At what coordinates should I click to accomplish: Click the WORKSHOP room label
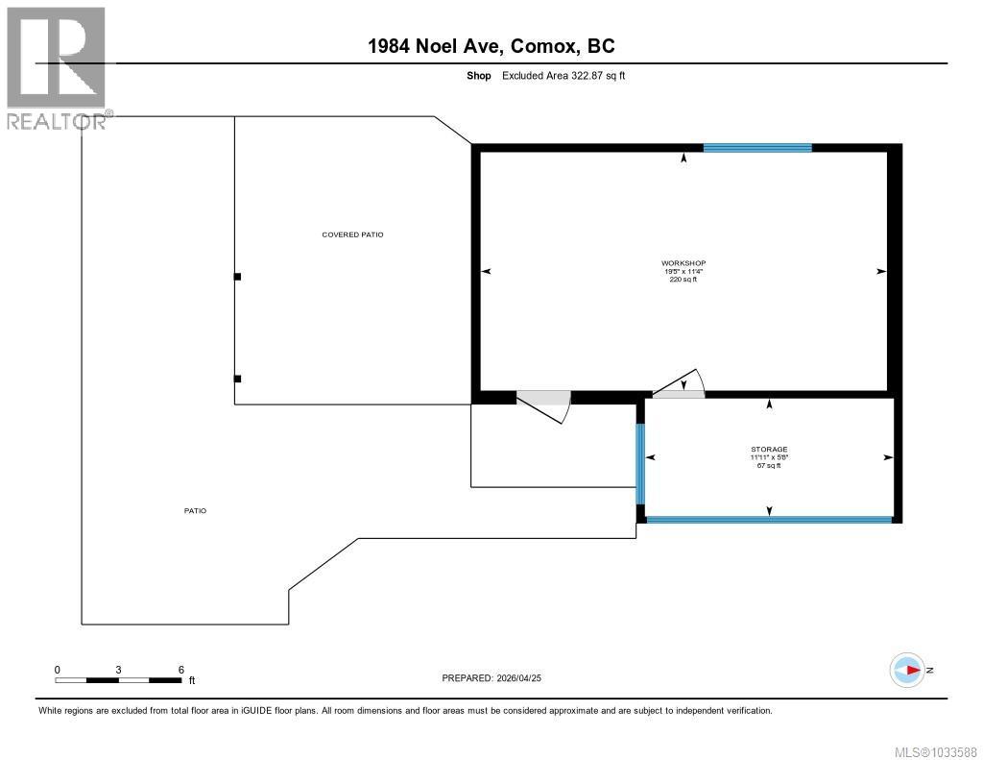[x=683, y=263]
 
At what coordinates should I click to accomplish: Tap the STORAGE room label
[x=769, y=449]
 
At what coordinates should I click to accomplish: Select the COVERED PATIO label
[x=352, y=234]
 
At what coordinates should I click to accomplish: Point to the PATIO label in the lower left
[x=195, y=511]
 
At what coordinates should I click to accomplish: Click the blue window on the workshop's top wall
[x=757, y=148]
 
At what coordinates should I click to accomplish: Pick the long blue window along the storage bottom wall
[x=769, y=520]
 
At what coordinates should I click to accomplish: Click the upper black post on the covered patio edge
[x=238, y=277]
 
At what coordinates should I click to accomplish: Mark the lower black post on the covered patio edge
[x=238, y=379]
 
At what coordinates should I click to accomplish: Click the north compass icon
[x=907, y=671]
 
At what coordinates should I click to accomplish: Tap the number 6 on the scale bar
[x=180, y=669]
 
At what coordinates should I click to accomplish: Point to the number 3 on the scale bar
[x=118, y=669]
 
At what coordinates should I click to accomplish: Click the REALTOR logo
[x=56, y=68]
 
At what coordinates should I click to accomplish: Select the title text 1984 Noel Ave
[x=446, y=45]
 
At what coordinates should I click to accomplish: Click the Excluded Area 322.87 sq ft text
[x=563, y=76]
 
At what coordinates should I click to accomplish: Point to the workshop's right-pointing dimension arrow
[x=880, y=272]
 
